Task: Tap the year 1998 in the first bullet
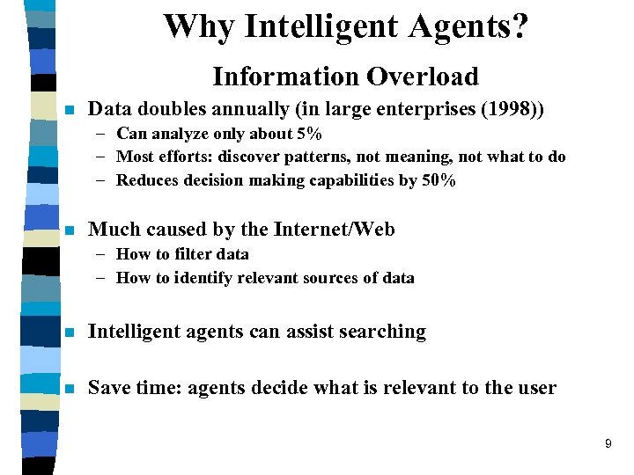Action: pos(509,110)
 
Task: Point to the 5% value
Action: pos(308,134)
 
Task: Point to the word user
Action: pos(536,388)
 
